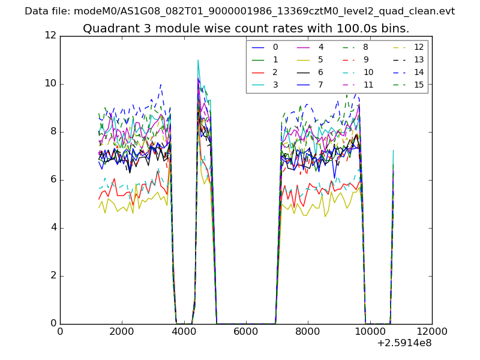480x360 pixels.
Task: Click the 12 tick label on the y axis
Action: coord(50,35)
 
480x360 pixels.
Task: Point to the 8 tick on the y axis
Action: coord(53,131)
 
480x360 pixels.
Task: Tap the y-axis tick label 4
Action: coord(53,227)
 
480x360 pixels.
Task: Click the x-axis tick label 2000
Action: coord(122,332)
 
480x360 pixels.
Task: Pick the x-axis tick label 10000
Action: coord(370,332)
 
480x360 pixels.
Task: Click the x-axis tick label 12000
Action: coord(431,332)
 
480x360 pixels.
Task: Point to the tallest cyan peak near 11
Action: coord(198,60)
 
